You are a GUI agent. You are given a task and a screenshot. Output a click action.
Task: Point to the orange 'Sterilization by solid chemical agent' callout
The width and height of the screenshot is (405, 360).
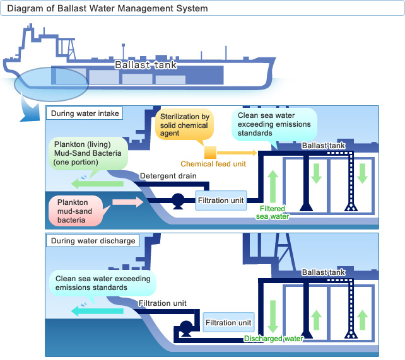pyautogui.click(x=184, y=126)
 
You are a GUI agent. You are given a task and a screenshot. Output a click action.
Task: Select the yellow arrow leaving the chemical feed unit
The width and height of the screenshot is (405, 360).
pyautogui.click(x=237, y=153)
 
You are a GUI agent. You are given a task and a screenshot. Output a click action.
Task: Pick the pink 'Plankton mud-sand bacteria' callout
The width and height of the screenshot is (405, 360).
pyautogui.click(x=77, y=210)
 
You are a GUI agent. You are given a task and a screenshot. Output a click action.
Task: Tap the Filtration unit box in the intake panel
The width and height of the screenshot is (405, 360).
pyautogui.click(x=220, y=200)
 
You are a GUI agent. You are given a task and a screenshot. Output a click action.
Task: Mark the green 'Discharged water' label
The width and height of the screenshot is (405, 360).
pyautogui.click(x=273, y=339)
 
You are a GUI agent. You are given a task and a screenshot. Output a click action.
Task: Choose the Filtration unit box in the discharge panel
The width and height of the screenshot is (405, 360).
pyautogui.click(x=229, y=323)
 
